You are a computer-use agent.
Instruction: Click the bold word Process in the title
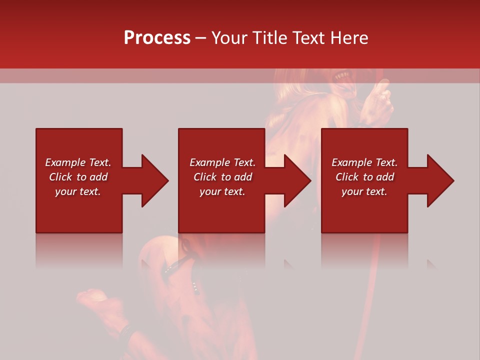(157, 38)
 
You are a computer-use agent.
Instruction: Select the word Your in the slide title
(228, 38)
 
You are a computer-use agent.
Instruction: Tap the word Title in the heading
(270, 38)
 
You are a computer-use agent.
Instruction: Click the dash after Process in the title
(200, 38)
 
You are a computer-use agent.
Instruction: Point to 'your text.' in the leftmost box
(78, 191)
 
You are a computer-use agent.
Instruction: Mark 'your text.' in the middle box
(222, 191)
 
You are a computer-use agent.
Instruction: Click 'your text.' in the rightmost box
(364, 191)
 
